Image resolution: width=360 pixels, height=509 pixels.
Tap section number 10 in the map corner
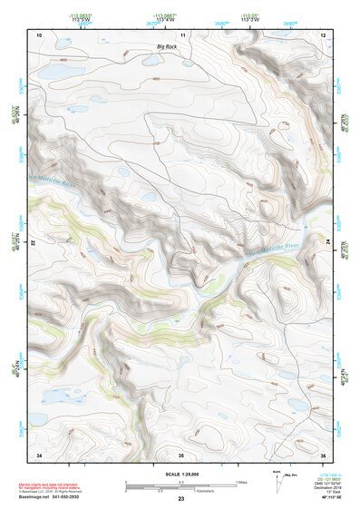pyautogui.click(x=39, y=34)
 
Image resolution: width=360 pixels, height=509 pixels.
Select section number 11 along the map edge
pyautogui.click(x=181, y=34)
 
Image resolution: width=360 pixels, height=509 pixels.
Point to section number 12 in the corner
pyautogui.click(x=323, y=34)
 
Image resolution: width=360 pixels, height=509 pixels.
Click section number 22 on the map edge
pyautogui.click(x=34, y=244)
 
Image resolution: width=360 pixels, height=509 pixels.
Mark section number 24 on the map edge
pyautogui.click(x=328, y=240)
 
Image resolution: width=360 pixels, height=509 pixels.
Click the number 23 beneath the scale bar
pyautogui.click(x=181, y=498)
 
